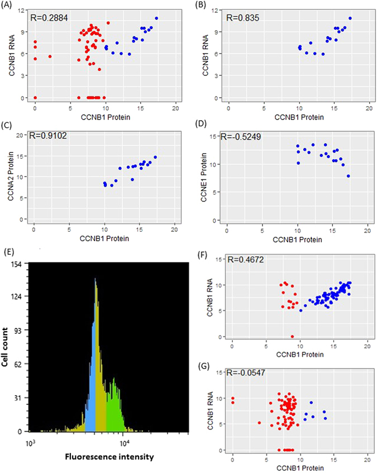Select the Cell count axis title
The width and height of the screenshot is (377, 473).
7,348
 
